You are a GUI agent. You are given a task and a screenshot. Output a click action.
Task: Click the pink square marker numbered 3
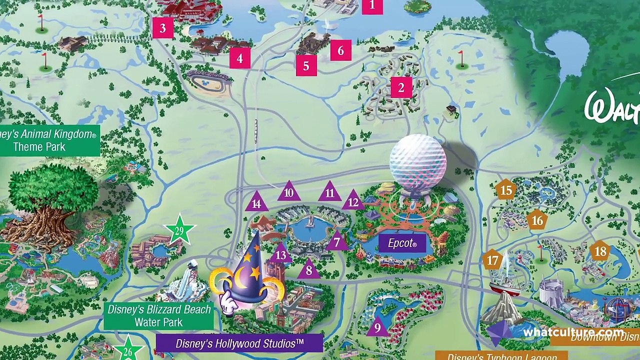tap(162, 28)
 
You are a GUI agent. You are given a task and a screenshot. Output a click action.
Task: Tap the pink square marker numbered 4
tap(239, 58)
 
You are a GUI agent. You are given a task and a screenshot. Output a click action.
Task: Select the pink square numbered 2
tap(401, 88)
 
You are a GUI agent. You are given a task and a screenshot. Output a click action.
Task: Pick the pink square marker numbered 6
tap(340, 50)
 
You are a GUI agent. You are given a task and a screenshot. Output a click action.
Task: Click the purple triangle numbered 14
tap(256, 203)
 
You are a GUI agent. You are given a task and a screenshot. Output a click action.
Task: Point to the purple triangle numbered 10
tap(288, 192)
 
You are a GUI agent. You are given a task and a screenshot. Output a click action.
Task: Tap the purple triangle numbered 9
tap(377, 327)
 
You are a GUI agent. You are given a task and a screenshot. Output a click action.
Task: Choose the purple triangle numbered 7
tap(336, 242)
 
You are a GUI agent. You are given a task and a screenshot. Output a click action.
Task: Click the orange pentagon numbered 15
tap(506, 190)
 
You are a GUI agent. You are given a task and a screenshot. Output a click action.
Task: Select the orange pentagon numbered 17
tap(493, 260)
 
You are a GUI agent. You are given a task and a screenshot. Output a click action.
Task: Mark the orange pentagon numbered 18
tap(600, 251)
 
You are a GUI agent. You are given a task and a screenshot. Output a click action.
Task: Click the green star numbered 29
tap(179, 231)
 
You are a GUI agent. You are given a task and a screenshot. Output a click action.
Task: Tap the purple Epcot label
tap(402, 243)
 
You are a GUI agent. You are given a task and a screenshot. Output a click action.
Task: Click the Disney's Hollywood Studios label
tap(239, 343)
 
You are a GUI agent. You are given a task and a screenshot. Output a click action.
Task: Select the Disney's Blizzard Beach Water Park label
tap(159, 316)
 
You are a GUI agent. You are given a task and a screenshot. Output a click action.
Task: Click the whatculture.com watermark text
tap(573, 332)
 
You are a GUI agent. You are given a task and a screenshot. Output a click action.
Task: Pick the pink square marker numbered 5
tap(306, 66)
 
